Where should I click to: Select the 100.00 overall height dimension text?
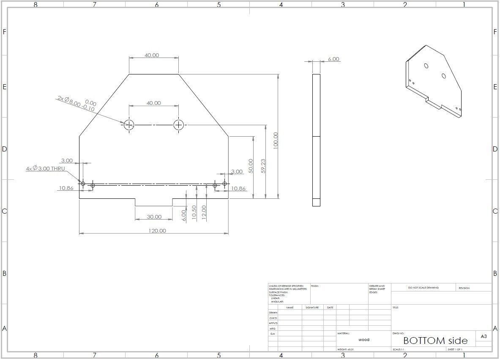(x=276, y=140)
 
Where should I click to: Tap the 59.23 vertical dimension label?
(x=263, y=166)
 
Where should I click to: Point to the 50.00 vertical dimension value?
(x=251, y=166)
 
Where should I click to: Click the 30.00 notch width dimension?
(x=154, y=217)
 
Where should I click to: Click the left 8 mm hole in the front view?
(x=129, y=125)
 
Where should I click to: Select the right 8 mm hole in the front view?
(x=179, y=125)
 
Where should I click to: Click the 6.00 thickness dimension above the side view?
(x=333, y=59)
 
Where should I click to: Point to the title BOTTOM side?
(x=435, y=341)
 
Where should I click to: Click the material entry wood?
(x=363, y=340)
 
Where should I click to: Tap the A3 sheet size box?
(x=484, y=337)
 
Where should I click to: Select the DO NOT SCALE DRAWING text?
(x=423, y=288)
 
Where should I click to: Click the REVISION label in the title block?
(x=464, y=288)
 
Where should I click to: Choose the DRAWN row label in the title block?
(x=273, y=313)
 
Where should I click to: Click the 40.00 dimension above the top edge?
(x=152, y=55)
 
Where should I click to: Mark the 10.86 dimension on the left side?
(x=66, y=188)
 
